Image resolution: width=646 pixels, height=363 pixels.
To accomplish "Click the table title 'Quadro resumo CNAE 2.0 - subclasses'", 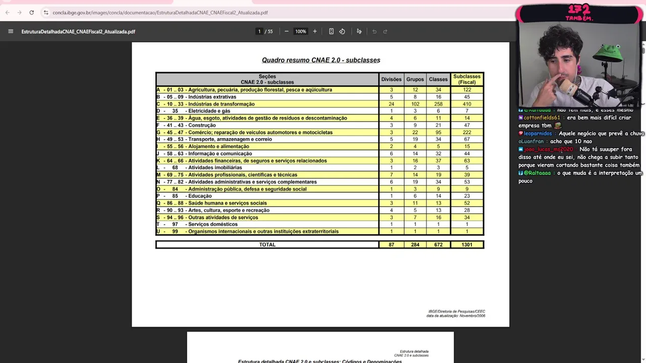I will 321,60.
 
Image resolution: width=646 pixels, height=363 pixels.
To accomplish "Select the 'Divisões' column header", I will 391,79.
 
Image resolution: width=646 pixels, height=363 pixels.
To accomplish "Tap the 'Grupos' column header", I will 415,79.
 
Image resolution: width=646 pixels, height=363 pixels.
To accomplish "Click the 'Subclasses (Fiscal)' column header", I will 467,79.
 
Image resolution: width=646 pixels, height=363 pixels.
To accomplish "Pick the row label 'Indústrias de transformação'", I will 221,104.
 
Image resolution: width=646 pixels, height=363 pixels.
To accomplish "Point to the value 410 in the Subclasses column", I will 467,104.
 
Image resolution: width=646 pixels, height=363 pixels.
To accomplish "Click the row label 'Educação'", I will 200,196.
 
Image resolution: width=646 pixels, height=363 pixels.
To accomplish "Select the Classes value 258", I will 438,104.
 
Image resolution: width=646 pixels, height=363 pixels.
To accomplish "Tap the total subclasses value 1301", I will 467,245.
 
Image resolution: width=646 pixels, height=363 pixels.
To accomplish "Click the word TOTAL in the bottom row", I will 267,245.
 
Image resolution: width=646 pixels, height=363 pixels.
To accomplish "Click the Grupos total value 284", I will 415,245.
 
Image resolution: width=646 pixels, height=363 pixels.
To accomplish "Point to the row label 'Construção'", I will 202,125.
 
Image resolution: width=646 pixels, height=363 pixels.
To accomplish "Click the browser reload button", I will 31,13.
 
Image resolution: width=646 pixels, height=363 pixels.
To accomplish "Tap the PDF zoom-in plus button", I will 315,31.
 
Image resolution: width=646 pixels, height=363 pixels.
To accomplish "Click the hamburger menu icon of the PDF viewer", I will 11,31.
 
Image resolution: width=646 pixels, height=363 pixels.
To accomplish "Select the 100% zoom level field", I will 301,31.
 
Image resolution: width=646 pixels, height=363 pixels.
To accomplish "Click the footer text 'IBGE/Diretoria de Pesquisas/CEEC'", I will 456,312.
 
